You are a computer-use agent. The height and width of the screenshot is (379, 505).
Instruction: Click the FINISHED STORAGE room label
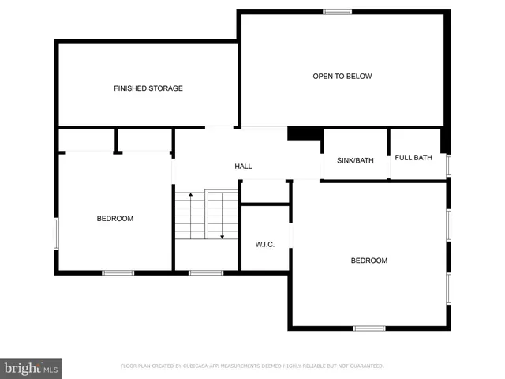[x=148, y=88]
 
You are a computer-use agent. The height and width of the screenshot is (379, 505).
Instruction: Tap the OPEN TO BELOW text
[x=342, y=77]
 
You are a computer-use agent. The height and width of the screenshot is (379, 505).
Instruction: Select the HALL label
[x=243, y=167]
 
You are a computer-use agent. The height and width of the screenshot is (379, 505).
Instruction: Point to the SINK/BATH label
[x=355, y=161]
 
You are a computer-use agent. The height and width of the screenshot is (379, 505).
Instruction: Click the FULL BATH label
[x=413, y=158]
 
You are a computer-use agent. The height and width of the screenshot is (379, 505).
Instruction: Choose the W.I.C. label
[x=264, y=245]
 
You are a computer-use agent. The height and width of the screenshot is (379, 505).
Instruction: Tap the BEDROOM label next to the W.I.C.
[x=369, y=261]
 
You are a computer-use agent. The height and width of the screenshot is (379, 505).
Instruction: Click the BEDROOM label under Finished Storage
[x=115, y=219]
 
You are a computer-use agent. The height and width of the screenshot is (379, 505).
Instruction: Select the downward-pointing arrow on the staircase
[x=222, y=234]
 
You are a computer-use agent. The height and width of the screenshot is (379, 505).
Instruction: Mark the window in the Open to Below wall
[x=338, y=12]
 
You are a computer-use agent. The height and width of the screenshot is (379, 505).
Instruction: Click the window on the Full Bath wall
[x=448, y=166]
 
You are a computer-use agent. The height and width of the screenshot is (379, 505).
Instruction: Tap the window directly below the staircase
[x=206, y=273]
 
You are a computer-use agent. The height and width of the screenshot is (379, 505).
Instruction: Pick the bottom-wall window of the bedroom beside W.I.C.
[x=369, y=328]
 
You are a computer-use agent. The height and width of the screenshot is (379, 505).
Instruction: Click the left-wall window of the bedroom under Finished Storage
[x=56, y=234]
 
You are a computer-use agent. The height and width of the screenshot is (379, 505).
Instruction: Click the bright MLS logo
[x=31, y=368]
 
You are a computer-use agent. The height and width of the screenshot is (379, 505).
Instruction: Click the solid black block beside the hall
[x=304, y=134]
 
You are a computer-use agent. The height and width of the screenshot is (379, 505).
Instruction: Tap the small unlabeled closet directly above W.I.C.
[x=264, y=192]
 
